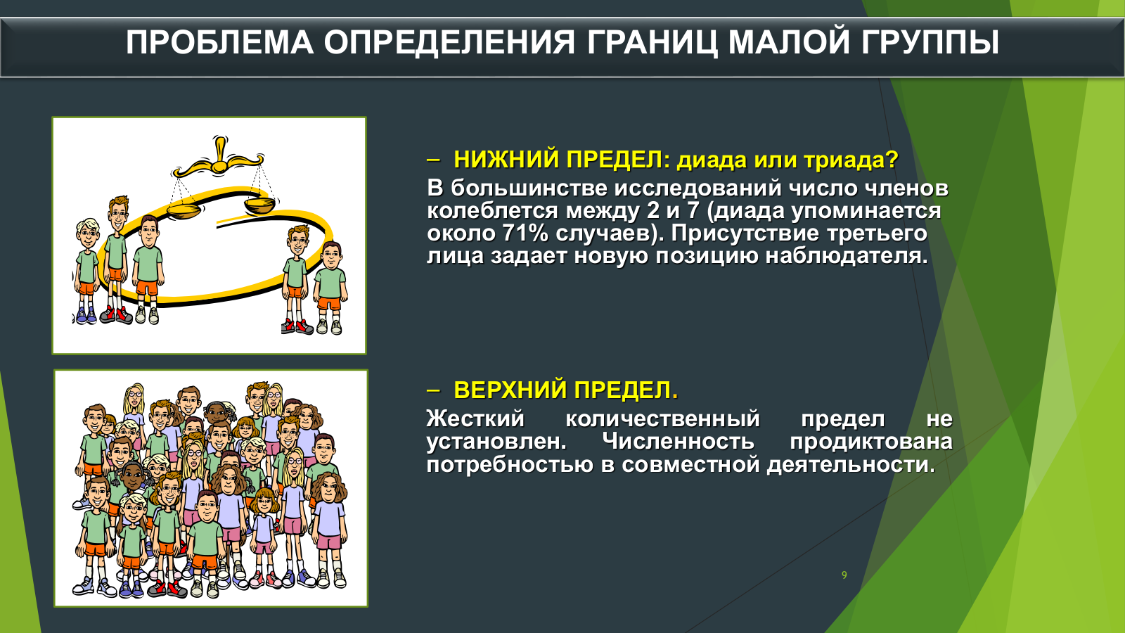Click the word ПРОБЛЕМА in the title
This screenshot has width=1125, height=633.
[219, 42]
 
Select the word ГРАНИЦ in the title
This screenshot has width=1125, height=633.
[651, 43]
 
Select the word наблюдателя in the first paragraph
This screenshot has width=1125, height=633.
[843, 256]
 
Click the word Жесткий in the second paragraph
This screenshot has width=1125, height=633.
[475, 418]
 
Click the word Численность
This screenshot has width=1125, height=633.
[678, 442]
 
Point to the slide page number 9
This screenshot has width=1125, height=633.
[844, 575]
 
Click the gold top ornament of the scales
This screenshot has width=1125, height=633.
[219, 151]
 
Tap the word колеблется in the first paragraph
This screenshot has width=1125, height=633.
[492, 210]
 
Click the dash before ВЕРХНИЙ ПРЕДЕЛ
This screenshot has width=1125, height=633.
[433, 390]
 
